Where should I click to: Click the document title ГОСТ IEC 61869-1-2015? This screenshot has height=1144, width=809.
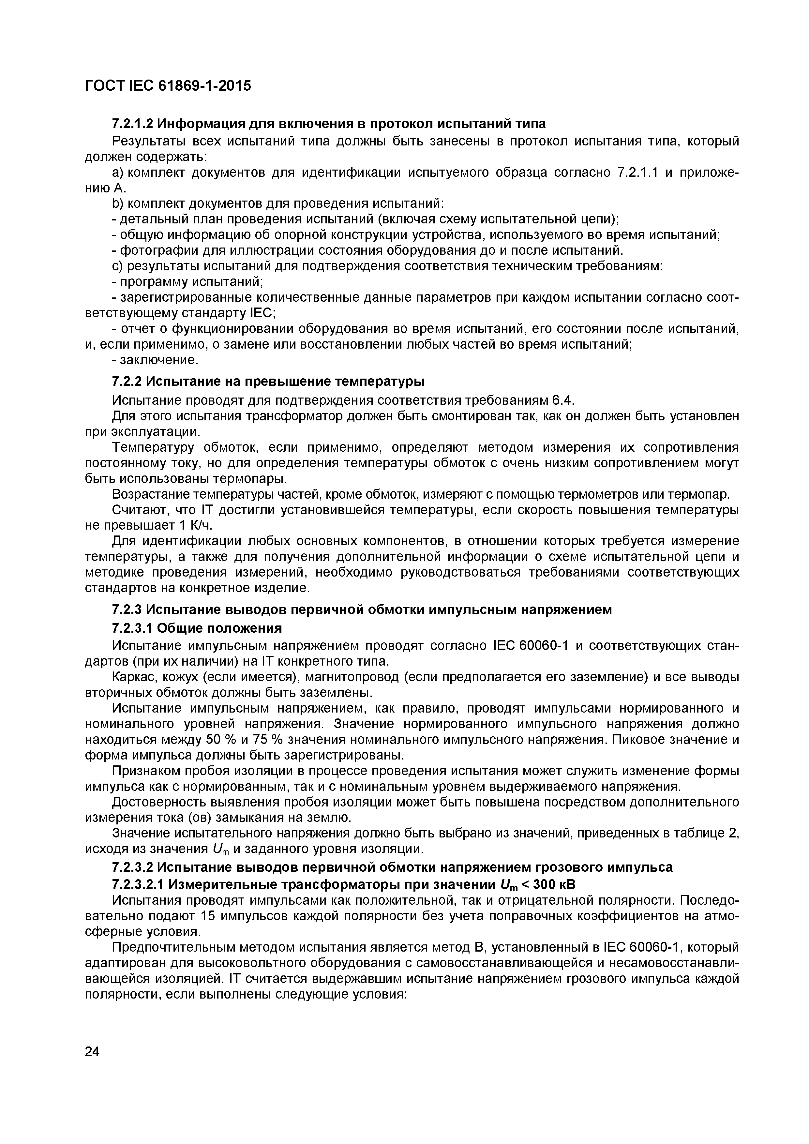(x=168, y=86)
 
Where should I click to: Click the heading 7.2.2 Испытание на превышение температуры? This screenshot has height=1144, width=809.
(x=268, y=381)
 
